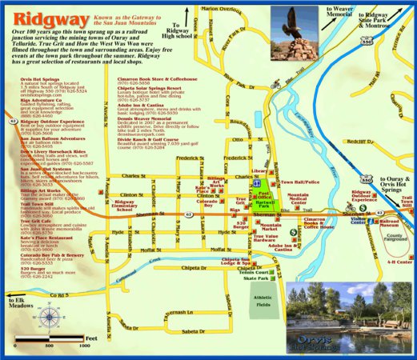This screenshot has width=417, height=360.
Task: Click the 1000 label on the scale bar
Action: (83, 349)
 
